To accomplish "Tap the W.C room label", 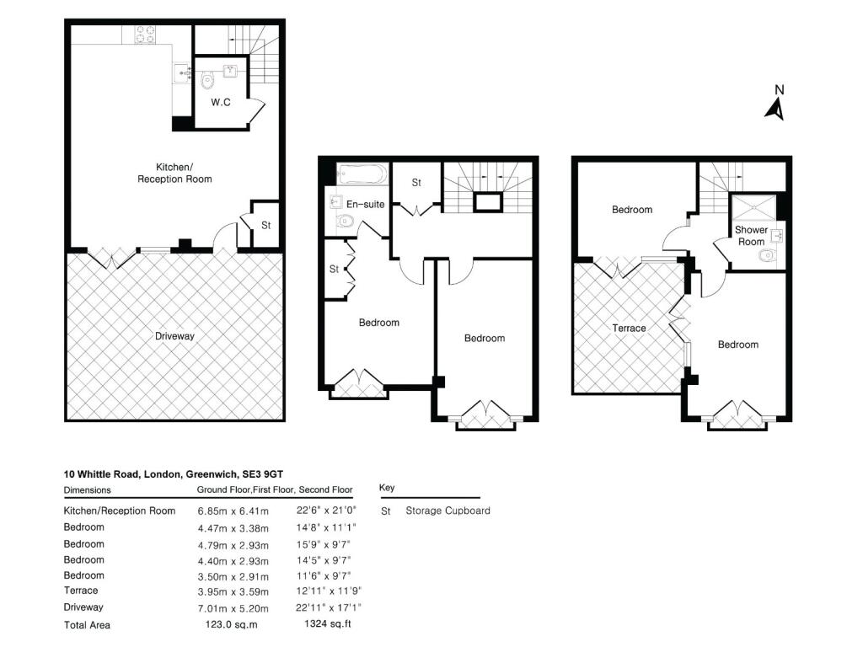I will [x=221, y=103].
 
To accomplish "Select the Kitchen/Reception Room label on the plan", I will [x=174, y=173].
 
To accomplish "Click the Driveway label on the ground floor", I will [x=174, y=336].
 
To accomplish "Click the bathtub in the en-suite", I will [x=361, y=175].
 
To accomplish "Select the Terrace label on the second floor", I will [x=629, y=328].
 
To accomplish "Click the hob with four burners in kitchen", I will [x=145, y=35].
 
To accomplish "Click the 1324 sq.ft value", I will [x=326, y=625].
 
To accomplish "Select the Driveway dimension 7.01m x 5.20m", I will [x=233, y=607].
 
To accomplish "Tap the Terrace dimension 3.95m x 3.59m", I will [x=233, y=591].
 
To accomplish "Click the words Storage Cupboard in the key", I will [x=448, y=511].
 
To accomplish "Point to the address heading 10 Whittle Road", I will [x=179, y=475].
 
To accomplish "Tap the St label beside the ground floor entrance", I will [x=265, y=226].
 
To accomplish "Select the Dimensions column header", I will [x=87, y=489].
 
